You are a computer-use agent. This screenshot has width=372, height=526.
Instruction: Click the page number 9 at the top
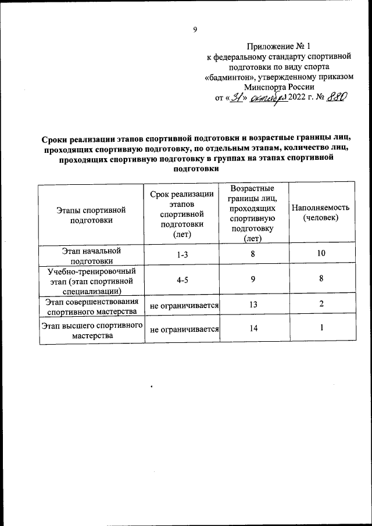tap(195, 30)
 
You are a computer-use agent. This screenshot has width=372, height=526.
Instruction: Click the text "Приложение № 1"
tap(278, 45)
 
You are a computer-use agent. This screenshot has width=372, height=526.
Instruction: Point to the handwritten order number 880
tap(337, 98)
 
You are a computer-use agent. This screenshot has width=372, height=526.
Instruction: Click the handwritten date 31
tap(237, 98)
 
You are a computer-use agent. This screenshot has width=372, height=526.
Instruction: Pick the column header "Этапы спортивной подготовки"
tap(91, 214)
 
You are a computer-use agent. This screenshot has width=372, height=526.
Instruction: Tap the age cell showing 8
tap(253, 253)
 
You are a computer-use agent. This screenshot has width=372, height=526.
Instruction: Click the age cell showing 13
tap(253, 305)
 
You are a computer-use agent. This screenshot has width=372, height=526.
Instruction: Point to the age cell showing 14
tap(253, 329)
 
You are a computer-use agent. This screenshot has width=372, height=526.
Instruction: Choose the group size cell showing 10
tap(321, 253)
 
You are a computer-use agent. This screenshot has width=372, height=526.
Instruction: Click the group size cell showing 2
tap(321, 305)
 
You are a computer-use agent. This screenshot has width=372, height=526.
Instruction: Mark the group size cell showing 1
tap(321, 329)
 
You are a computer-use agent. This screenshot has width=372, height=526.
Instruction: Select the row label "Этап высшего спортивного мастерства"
tap(91, 330)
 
